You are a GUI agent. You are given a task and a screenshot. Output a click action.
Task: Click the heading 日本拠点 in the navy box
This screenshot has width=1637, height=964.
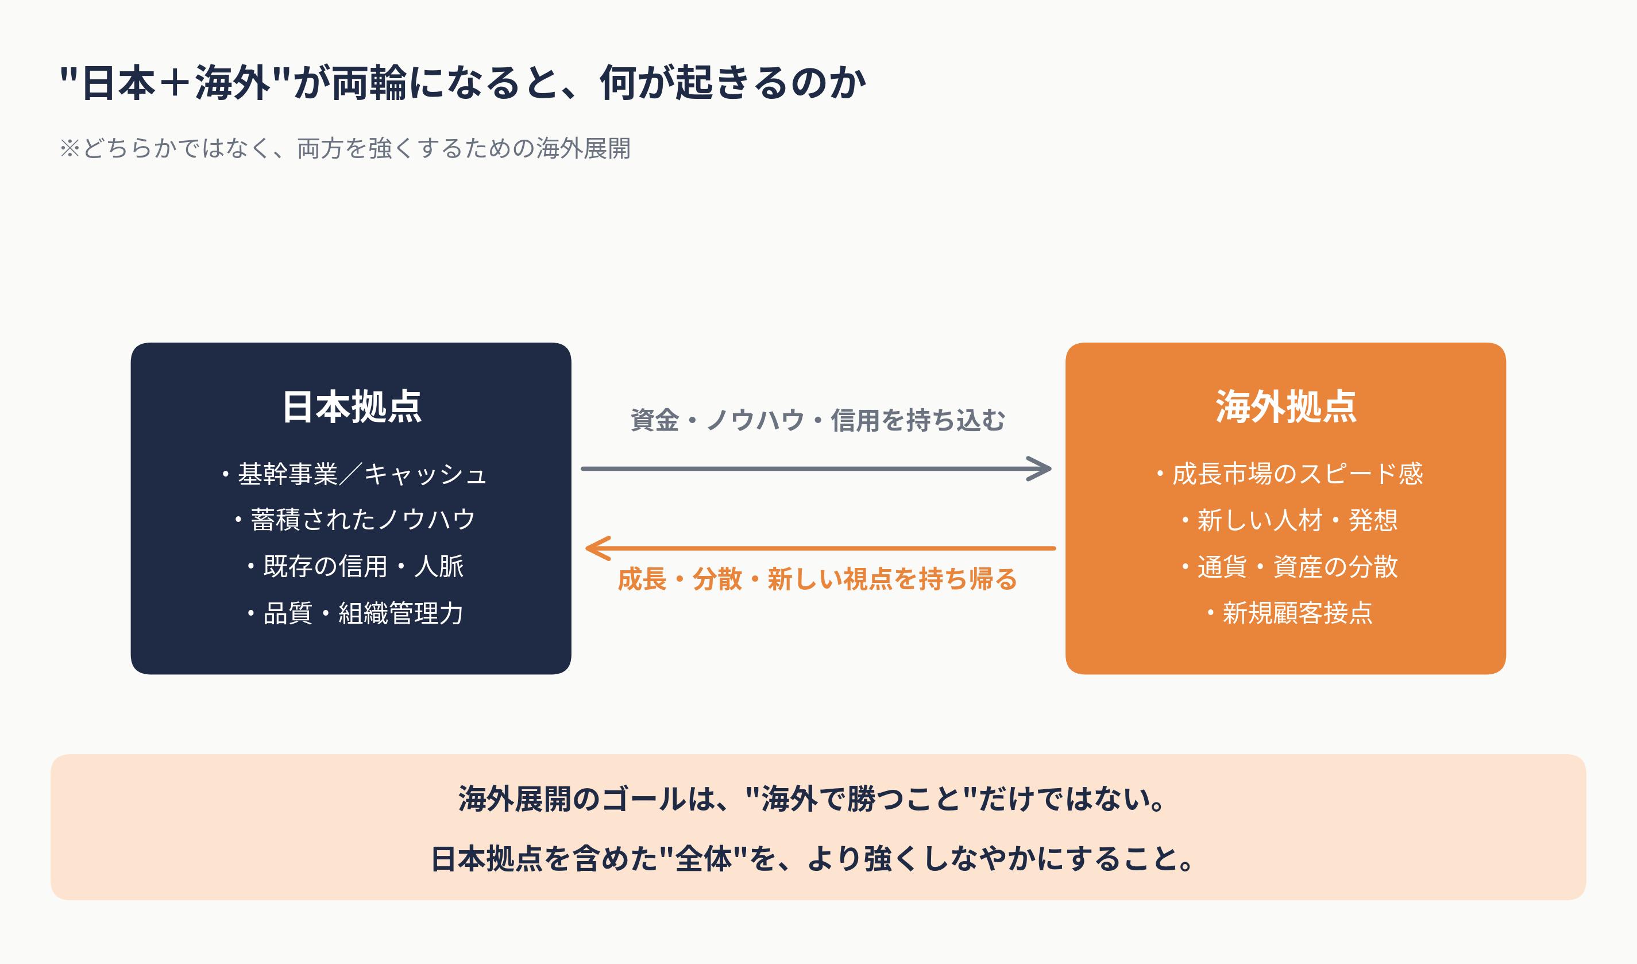(352, 407)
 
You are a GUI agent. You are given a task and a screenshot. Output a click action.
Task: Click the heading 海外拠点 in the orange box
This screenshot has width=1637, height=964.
(1285, 407)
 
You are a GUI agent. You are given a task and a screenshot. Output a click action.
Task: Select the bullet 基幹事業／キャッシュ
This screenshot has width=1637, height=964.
(354, 474)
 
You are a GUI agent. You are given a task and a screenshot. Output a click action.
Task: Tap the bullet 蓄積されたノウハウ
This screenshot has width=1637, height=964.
(356, 520)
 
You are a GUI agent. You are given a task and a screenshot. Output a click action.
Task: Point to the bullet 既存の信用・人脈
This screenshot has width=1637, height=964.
(356, 566)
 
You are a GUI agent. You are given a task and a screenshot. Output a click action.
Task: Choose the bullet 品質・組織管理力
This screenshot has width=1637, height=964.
(356, 613)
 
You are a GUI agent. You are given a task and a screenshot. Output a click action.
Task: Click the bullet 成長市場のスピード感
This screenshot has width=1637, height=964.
(1289, 474)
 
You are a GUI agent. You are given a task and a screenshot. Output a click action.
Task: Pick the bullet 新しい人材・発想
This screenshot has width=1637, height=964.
(1289, 520)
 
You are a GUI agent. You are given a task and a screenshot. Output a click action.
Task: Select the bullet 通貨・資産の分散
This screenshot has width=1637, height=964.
(1289, 566)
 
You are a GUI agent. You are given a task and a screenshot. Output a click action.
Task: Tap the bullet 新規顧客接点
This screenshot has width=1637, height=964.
(1289, 613)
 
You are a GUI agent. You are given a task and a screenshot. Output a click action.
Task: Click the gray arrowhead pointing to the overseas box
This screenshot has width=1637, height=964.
(1041, 468)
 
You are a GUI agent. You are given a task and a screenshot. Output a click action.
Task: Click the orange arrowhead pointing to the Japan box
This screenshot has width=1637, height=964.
(596, 548)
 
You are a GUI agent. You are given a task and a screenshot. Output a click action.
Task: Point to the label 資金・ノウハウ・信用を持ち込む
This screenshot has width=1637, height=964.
(817, 420)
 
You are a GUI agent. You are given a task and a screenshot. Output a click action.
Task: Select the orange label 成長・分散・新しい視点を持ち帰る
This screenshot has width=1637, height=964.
(817, 578)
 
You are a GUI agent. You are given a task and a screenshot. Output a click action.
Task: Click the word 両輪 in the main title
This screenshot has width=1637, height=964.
(369, 83)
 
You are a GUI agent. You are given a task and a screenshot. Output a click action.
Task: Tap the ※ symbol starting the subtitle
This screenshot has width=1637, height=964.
(69, 148)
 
